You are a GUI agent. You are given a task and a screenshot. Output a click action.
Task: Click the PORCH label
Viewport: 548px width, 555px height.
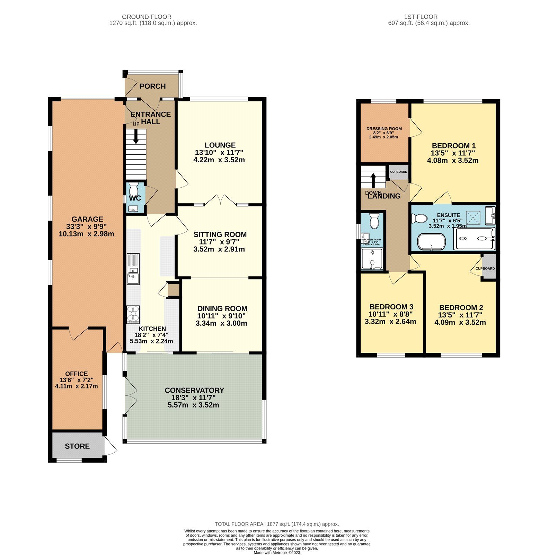[152, 86]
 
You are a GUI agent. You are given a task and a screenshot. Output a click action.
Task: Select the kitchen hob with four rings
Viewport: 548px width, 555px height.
[133, 314]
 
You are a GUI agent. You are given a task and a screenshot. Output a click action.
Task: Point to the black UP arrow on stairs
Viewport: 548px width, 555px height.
[136, 136]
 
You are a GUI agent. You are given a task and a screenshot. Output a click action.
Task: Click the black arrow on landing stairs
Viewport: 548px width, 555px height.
[373, 180]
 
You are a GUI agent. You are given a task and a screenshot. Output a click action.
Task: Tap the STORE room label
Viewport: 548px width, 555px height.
[77, 446]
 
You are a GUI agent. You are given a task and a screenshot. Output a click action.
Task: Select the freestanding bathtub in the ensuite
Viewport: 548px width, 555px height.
[431, 242]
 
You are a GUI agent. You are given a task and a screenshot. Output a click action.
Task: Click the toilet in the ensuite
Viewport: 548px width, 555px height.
[419, 219]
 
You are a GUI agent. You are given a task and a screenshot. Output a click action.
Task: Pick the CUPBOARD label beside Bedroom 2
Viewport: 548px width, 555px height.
[485, 268]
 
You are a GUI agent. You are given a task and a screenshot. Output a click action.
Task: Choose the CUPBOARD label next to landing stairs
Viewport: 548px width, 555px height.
[399, 172]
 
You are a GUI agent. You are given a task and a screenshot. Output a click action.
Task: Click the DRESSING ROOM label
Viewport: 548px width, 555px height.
[384, 129]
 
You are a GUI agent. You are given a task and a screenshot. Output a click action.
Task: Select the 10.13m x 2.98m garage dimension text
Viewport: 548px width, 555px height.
[87, 234]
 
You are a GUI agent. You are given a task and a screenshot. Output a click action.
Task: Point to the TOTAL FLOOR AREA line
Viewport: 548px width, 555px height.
[277, 524]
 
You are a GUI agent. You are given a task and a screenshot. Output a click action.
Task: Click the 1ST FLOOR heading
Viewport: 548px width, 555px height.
[421, 17]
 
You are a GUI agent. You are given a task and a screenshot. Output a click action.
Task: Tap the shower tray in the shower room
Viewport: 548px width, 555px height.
[372, 259]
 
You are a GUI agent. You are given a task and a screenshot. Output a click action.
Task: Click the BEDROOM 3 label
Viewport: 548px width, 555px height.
[391, 307]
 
